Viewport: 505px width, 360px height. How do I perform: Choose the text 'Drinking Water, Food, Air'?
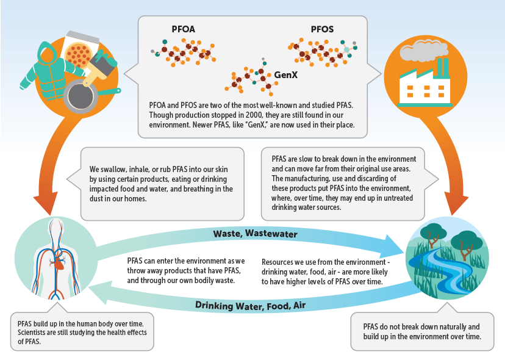(251, 305)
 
